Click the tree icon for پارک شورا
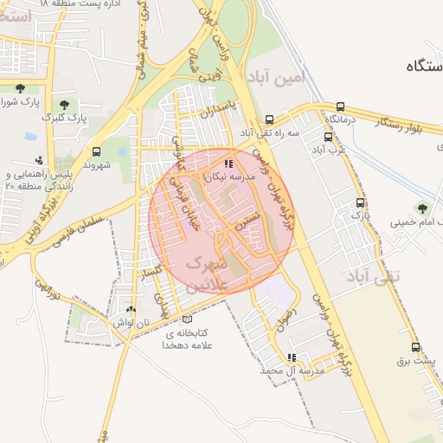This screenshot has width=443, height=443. pyautogui.click(x=20, y=88)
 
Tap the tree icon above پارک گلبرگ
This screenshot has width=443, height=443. pyautogui.click(x=64, y=104)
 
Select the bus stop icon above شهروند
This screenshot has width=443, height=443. pyautogui.click(x=95, y=151)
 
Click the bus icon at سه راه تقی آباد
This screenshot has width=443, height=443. pyautogui.click(x=269, y=120)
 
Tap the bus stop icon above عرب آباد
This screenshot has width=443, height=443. pyautogui.click(x=328, y=137)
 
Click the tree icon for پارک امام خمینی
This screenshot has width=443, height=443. pyautogui.click(x=422, y=208)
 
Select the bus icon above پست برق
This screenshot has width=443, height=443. pyautogui.click(x=416, y=346)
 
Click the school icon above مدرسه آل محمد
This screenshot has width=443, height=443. pyautogui.click(x=292, y=357)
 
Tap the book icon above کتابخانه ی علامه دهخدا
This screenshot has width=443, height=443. pyautogui.click(x=188, y=319)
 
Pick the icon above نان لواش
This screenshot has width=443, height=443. pyautogui.click(x=131, y=309)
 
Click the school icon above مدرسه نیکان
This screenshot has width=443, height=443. pyautogui.click(x=228, y=163)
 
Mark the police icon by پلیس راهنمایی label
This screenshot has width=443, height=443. pyautogui.click(x=39, y=160)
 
